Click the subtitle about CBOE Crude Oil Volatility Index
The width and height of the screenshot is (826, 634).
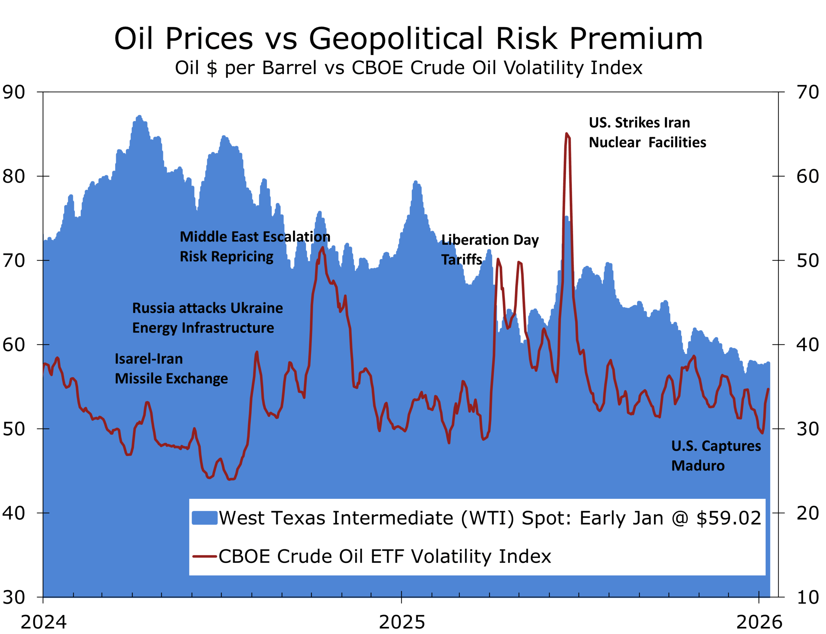pyautogui.click(x=408, y=68)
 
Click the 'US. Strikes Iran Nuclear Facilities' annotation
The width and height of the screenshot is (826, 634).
pyautogui.click(x=647, y=133)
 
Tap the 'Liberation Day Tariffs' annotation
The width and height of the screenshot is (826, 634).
pyautogui.click(x=490, y=250)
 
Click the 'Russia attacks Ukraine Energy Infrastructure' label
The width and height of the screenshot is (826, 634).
pyautogui.click(x=207, y=318)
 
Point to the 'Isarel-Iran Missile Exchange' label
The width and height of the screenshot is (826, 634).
pyautogui.click(x=171, y=369)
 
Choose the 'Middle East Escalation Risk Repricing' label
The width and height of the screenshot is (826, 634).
pyautogui.click(x=255, y=246)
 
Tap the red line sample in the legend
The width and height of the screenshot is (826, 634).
pyautogui.click(x=204, y=556)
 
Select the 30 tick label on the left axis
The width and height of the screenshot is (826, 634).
pyautogui.click(x=14, y=597)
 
